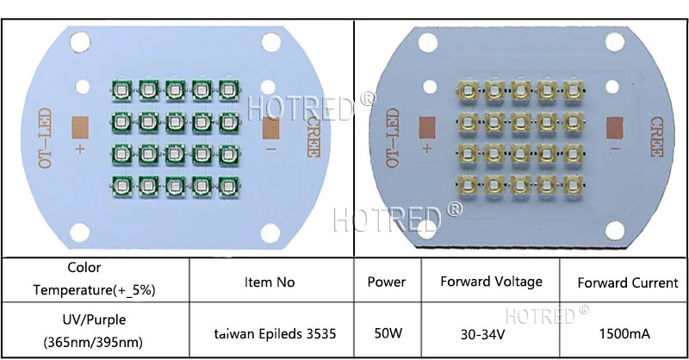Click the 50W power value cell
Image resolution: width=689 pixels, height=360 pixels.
(x=387, y=332)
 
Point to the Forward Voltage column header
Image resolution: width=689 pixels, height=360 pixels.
(x=491, y=282)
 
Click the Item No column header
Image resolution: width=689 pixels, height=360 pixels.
(x=270, y=282)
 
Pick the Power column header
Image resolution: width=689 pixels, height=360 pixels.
(x=387, y=282)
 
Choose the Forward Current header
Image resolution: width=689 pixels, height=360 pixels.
(x=627, y=282)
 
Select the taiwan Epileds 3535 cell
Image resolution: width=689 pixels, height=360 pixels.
(x=270, y=332)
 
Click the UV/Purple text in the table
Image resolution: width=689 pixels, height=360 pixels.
(x=95, y=320)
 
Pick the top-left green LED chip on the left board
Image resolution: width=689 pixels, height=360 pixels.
(x=121, y=89)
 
